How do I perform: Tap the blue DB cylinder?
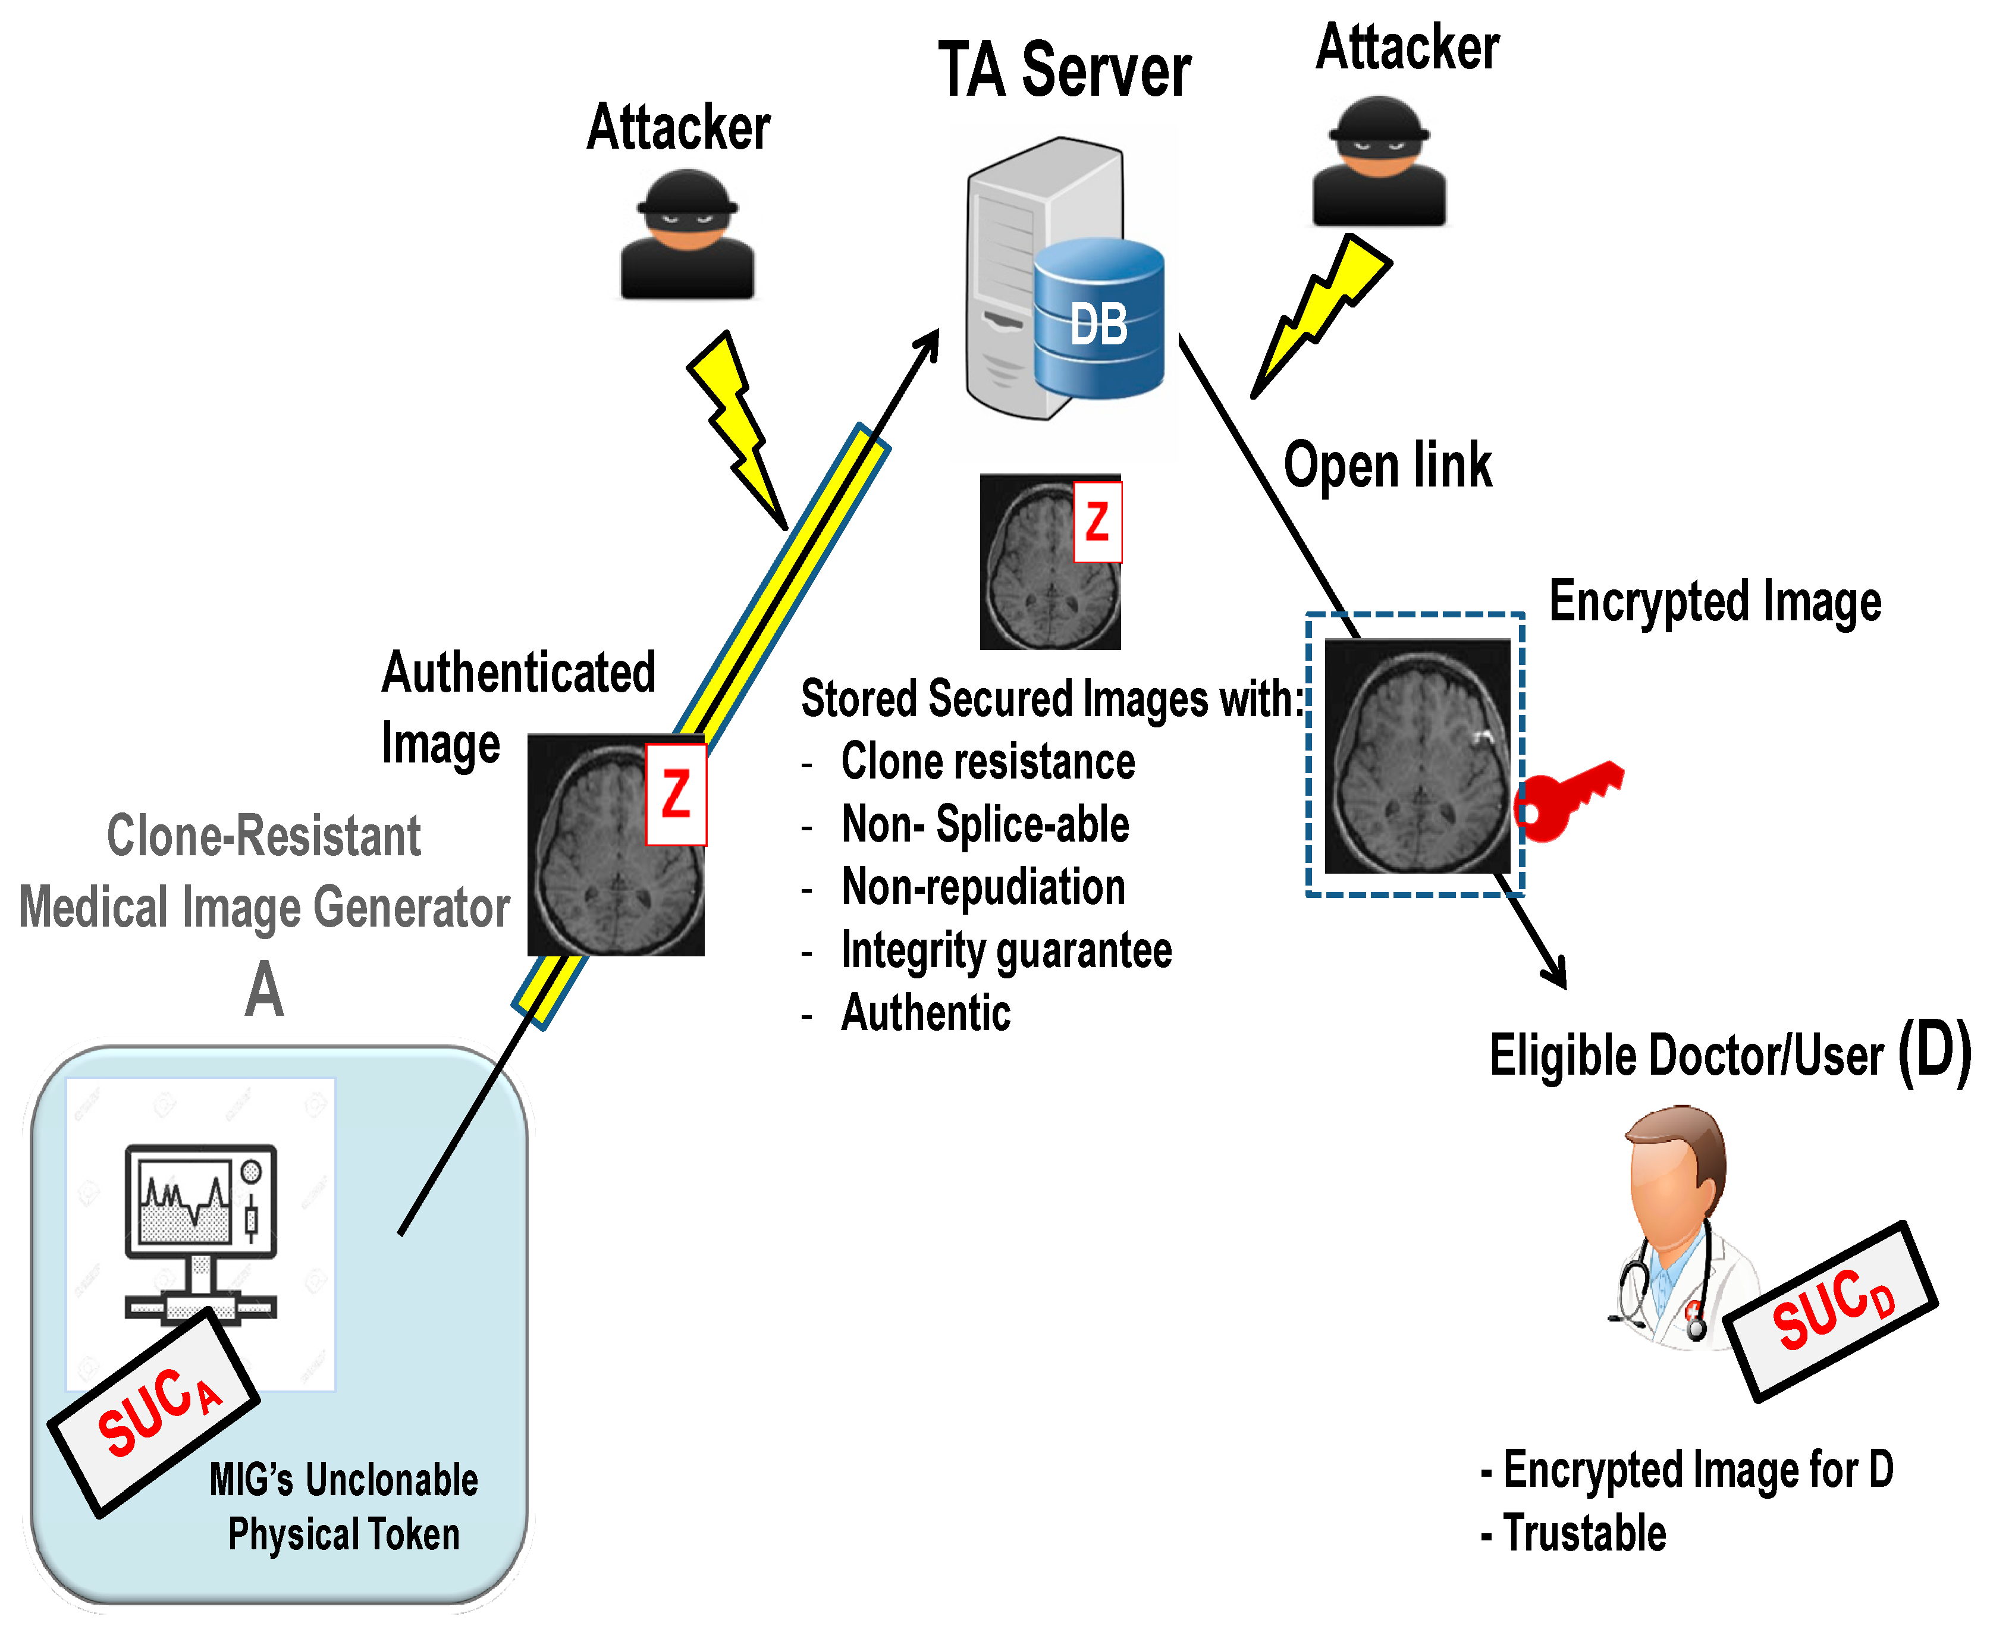click(1098, 319)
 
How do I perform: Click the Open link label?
click(1387, 466)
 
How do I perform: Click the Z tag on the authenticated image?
click(676, 794)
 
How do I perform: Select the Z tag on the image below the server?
click(1097, 522)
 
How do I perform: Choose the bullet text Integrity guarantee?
click(1006, 950)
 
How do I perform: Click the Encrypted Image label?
click(1714, 601)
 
